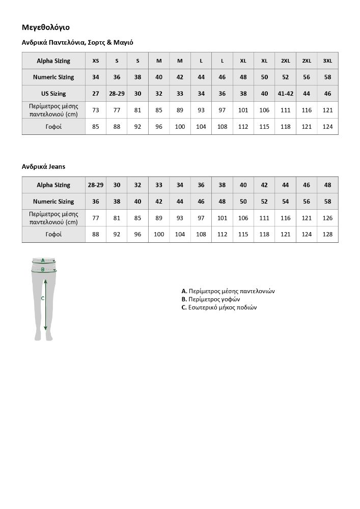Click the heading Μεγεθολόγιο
coord(46,27)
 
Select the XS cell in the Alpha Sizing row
coord(96,61)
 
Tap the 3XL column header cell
coord(327,61)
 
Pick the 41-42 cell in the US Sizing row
coord(285,94)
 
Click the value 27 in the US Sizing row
coord(96,94)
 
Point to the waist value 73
coord(96,110)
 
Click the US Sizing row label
coord(53,94)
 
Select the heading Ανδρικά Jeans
coord(43,166)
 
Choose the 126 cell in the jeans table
coord(327,218)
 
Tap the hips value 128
coord(327,234)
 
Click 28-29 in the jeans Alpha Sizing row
coord(96,185)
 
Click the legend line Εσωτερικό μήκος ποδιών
coord(219,307)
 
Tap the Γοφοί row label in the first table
coord(53,126)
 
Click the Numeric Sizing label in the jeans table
coord(53,202)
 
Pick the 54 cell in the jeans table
coord(285,202)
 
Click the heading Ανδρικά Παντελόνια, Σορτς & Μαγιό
coord(77,43)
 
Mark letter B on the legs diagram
coord(43,269)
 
